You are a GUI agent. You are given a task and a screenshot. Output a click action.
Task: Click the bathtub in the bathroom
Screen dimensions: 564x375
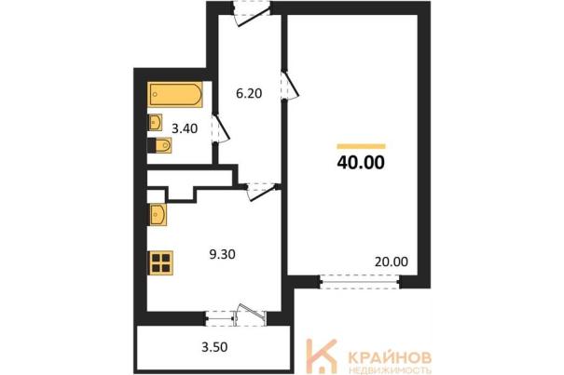pos(175,95)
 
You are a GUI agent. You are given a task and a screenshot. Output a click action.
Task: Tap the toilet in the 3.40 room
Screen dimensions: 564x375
pos(159,145)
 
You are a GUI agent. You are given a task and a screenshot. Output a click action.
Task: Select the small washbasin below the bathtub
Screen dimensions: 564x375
pos(155,123)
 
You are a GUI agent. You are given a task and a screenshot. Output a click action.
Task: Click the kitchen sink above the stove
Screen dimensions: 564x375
pos(158,215)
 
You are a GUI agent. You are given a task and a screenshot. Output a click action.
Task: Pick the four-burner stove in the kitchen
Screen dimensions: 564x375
pos(160,263)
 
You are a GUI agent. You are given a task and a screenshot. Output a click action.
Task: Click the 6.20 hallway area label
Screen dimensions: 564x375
pos(249,93)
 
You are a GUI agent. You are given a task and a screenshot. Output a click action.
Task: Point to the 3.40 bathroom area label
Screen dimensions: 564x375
pos(185,128)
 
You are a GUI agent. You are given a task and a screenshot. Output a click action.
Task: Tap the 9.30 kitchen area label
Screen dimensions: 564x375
pos(222,254)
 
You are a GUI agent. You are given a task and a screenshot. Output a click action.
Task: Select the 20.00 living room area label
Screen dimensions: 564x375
pos(392,261)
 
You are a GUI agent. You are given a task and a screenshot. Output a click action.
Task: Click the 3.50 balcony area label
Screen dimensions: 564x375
pos(214,347)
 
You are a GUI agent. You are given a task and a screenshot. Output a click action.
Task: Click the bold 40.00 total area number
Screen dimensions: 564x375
pos(361,162)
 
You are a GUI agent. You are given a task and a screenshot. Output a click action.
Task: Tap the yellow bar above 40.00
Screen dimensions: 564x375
pos(361,146)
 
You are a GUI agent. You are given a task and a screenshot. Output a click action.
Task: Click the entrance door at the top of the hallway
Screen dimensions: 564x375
pos(251,14)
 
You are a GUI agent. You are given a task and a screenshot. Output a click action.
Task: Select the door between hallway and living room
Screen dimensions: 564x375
pos(289,85)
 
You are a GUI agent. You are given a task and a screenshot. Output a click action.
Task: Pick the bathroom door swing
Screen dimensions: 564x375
pos(220,128)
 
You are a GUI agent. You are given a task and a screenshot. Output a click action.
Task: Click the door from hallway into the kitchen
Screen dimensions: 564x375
pos(261,192)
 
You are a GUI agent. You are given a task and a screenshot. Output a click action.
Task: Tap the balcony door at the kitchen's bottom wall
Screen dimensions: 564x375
pos(251,315)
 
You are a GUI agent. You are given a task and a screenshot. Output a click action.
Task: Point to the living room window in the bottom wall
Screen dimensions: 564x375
pos(360,282)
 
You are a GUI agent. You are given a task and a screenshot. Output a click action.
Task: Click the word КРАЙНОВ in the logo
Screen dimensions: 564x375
pos(390,357)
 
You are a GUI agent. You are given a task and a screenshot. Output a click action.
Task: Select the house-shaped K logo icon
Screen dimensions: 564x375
pos(321,355)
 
